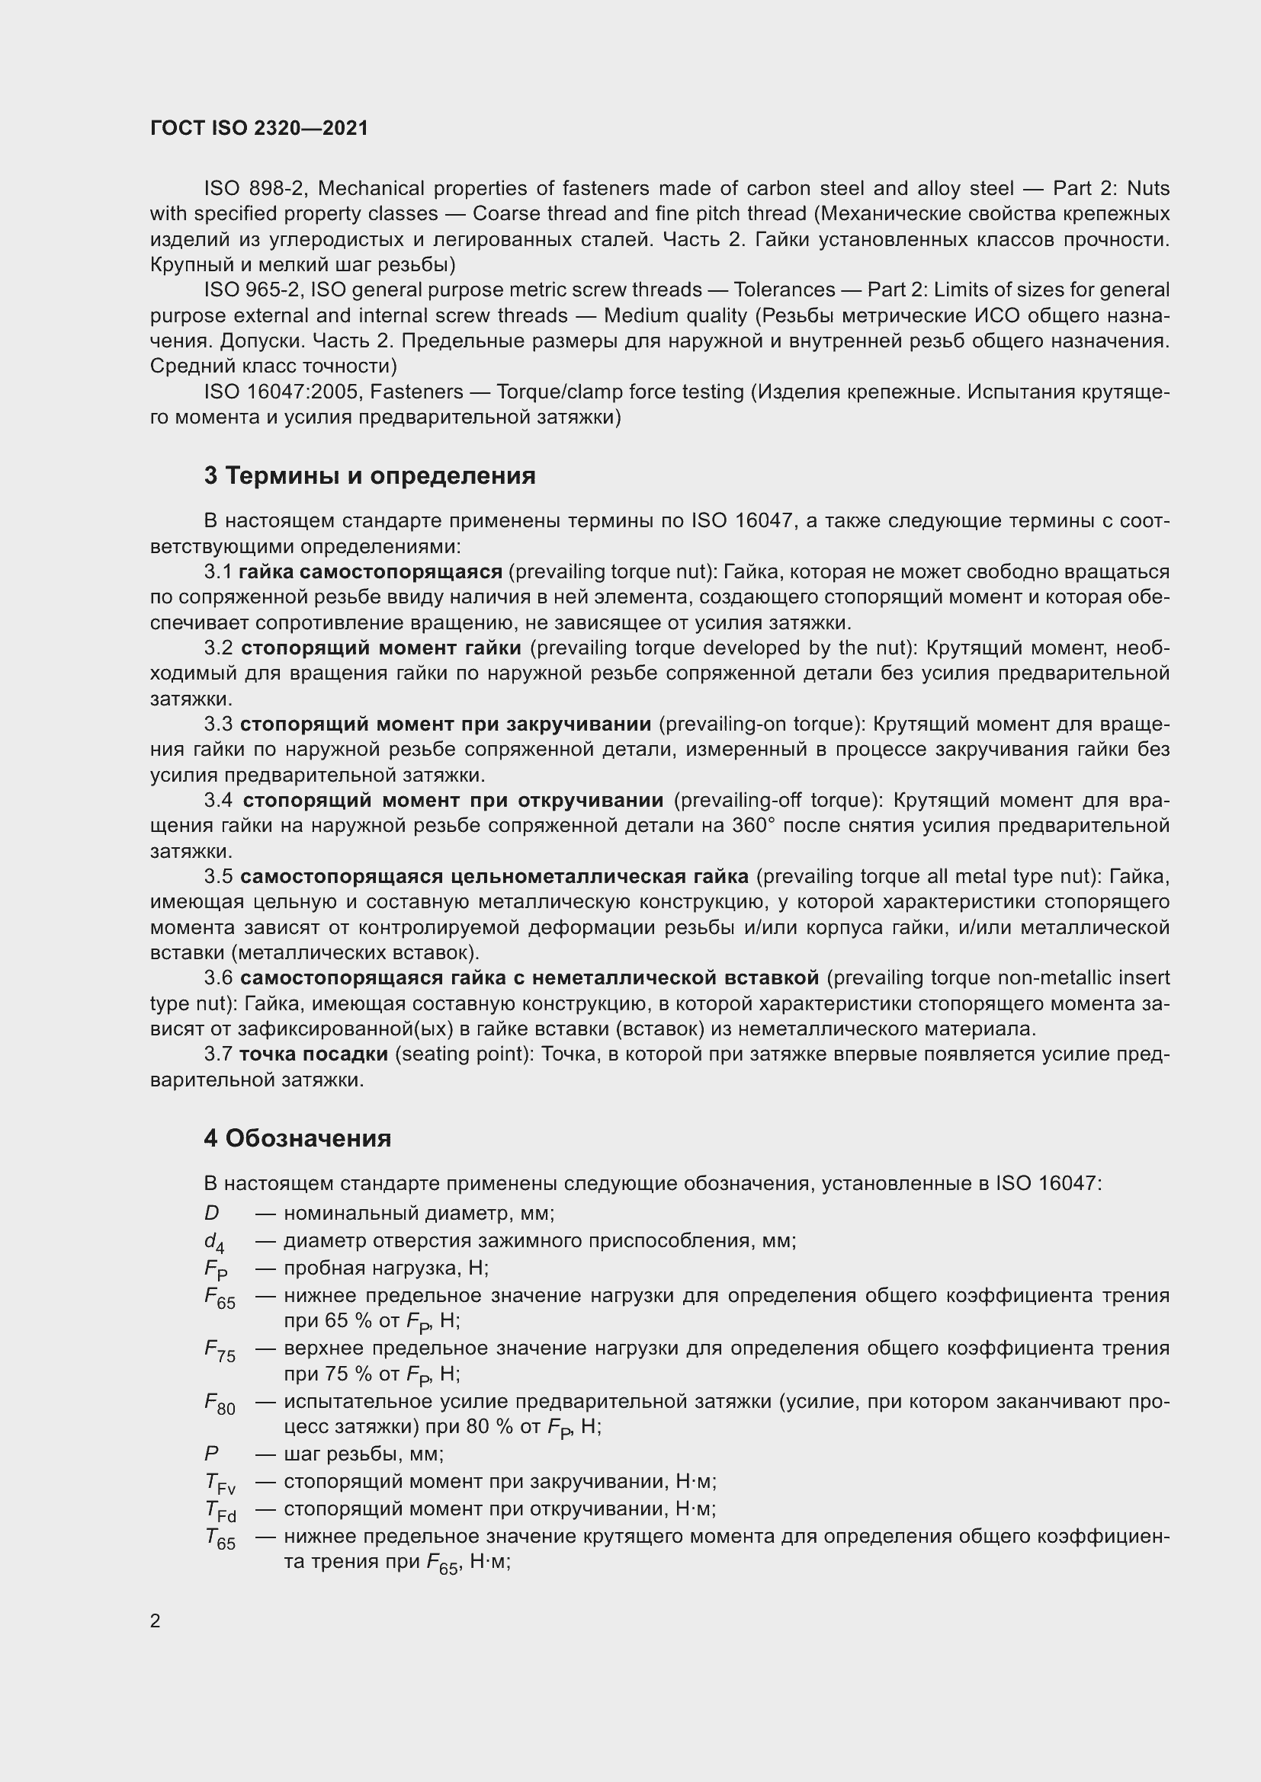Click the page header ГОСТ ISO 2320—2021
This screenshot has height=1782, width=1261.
pyautogui.click(x=258, y=128)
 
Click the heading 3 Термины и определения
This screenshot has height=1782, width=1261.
pyautogui.click(x=370, y=475)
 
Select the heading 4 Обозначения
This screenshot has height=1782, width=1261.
pyautogui.click(x=297, y=1137)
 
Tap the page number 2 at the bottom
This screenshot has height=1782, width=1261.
pyautogui.click(x=156, y=1620)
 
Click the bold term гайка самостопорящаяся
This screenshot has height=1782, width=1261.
pyautogui.click(x=371, y=572)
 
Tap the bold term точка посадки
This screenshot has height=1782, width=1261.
pyautogui.click(x=313, y=1054)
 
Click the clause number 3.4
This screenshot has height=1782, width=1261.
pyautogui.click(x=218, y=800)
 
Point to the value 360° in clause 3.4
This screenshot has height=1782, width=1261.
pyautogui.click(x=753, y=826)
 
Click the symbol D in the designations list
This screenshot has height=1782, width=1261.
pyautogui.click(x=211, y=1213)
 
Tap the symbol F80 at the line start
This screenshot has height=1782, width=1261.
pyautogui.click(x=219, y=1404)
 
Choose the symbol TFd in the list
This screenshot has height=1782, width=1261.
pyautogui.click(x=220, y=1511)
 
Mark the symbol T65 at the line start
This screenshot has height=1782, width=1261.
pyautogui.click(x=219, y=1539)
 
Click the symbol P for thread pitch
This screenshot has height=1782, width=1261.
pyautogui.click(x=211, y=1453)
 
